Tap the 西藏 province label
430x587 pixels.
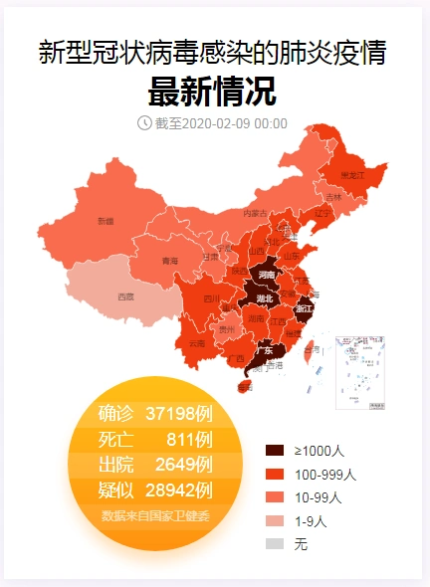coord(125,296)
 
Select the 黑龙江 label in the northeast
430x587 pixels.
coord(353,175)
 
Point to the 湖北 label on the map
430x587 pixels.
coord(265,298)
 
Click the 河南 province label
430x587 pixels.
coord(267,274)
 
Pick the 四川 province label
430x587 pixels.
coord(211,298)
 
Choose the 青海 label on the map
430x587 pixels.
coord(170,261)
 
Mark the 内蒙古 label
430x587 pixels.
coord(255,213)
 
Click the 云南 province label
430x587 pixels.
coord(197,343)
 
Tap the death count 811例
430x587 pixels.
coord(189,439)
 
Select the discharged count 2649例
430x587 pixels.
coord(184,465)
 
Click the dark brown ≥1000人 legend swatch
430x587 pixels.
coord(276,450)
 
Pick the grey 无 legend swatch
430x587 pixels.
coord(276,543)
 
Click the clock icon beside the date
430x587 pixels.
coord(144,122)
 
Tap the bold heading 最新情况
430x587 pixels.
coord(212,92)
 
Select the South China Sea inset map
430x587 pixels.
coord(360,371)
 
